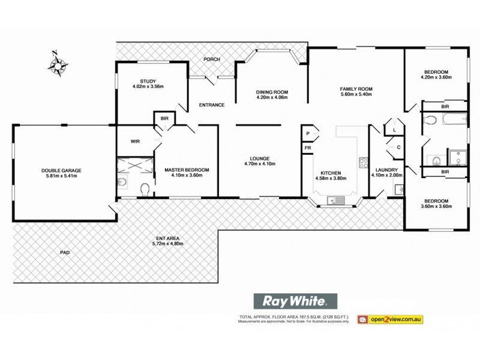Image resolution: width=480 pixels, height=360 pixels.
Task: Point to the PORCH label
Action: coord(211,59)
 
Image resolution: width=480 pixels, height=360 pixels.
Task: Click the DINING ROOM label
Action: coord(272,91)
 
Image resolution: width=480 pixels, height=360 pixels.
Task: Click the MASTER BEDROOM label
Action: coord(187,170)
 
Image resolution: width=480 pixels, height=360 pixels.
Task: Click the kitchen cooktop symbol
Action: coord(363,161)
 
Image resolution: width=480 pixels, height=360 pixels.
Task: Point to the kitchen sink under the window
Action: coord(334,200)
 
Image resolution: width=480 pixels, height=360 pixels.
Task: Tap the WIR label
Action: coord(135,142)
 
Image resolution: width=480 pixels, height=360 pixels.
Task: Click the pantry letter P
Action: coord(307,133)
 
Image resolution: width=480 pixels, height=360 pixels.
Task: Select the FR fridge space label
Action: coord(307,148)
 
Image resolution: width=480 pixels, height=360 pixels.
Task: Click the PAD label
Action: coord(65,253)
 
